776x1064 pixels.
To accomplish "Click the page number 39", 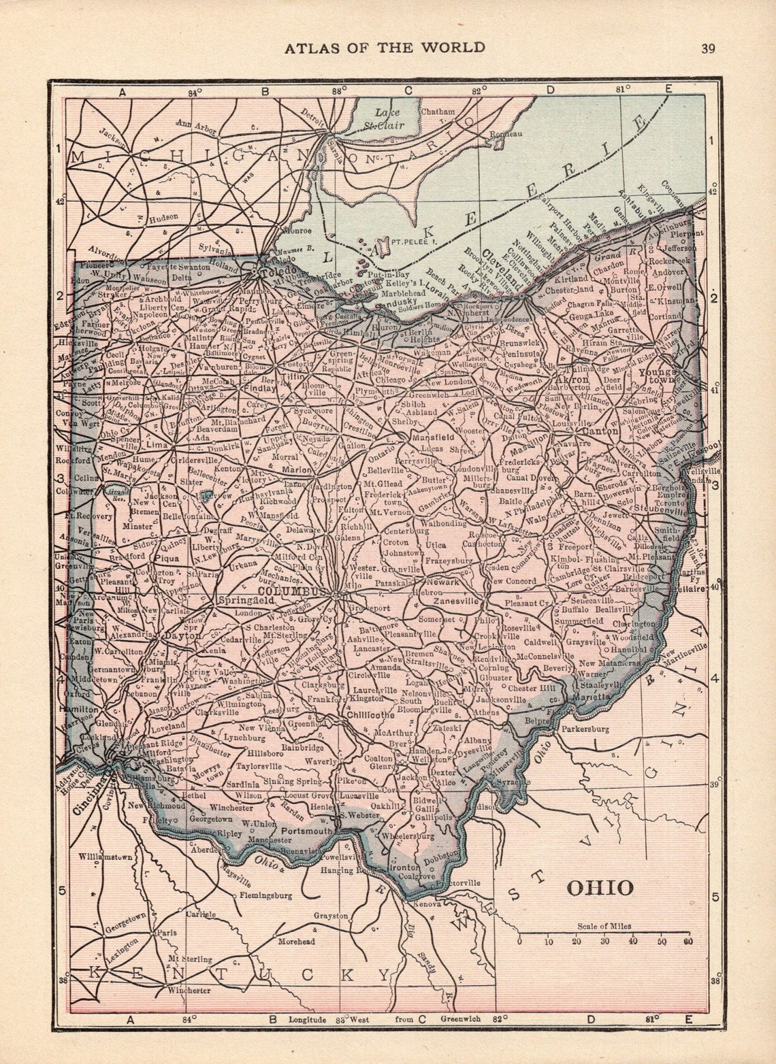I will point(708,48).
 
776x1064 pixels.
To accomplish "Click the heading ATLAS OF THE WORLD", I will point(385,47).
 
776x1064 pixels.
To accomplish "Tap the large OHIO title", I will point(600,888).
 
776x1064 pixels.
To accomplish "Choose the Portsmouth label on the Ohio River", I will point(310,831).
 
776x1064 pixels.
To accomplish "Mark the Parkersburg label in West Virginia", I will point(585,729).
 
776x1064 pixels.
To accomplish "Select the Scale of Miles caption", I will point(604,926).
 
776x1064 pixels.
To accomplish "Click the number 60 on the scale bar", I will point(688,942).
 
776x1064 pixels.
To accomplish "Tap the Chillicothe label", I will point(370,715).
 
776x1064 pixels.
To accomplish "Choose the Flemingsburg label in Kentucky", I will point(265,895).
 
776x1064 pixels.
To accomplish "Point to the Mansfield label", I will point(431,437).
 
